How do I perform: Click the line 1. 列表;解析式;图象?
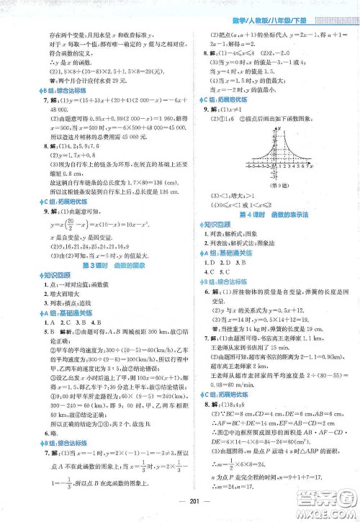[237, 235]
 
